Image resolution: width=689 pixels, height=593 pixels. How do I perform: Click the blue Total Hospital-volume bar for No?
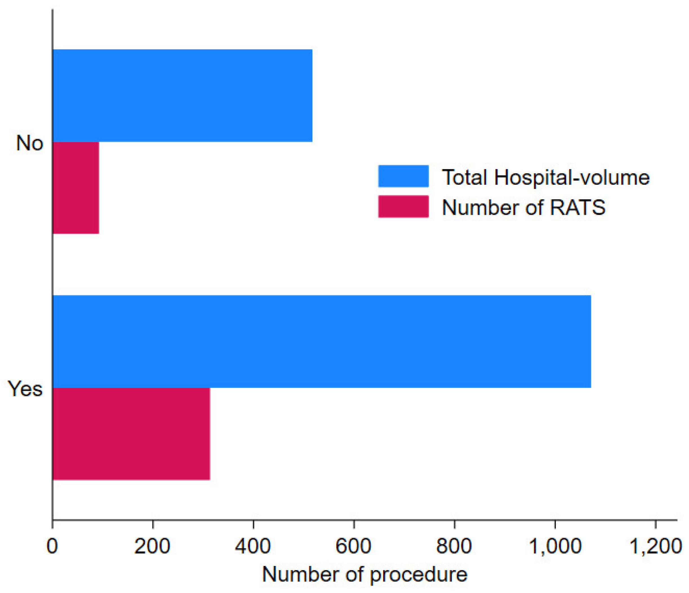pos(182,96)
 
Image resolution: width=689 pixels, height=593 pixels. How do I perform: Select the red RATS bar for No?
pos(76,188)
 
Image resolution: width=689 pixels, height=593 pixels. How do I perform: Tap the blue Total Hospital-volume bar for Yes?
pos(322,341)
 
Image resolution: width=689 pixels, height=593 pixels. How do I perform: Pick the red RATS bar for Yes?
pos(131,434)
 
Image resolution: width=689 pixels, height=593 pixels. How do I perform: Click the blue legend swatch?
pos(403,176)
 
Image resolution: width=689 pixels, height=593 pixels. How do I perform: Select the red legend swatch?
pos(403,206)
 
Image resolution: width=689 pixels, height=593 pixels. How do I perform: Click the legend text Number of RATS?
pos(523,207)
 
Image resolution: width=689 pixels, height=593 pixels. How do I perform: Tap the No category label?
pos(30,143)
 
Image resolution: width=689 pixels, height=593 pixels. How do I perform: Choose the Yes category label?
pos(25,389)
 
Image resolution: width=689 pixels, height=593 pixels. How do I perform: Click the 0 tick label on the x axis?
pos(52,546)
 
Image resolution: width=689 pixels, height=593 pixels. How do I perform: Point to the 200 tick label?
pos(152,546)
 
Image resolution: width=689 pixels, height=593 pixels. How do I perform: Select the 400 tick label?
pos(253,546)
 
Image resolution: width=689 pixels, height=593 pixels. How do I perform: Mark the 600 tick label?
pos(353,546)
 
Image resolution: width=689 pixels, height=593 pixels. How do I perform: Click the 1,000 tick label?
pos(555,546)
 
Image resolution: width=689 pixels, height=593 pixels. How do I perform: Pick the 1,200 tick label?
pos(655,546)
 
